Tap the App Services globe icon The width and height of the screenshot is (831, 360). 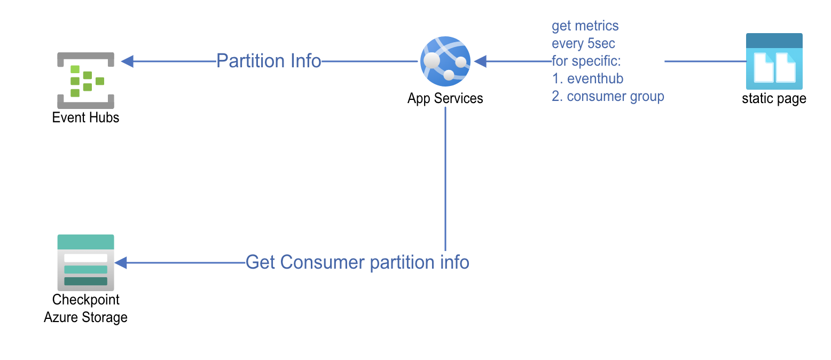(445, 61)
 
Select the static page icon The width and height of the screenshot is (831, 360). (774, 61)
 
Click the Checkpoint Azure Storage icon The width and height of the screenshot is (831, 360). (85, 262)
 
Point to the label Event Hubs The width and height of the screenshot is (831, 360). (85, 118)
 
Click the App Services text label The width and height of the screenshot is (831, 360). (445, 98)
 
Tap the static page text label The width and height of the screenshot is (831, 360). (774, 99)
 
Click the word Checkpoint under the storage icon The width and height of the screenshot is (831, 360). (85, 300)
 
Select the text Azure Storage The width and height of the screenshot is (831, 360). (85, 317)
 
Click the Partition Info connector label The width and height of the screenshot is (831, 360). (269, 61)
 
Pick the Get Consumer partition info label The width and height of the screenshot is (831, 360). (357, 262)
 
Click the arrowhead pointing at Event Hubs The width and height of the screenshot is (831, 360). (127, 61)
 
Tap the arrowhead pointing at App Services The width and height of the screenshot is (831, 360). (480, 61)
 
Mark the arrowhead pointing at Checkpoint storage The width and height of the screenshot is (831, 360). (121, 262)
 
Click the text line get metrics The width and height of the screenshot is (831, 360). (585, 26)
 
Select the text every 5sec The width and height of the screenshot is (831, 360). (583, 43)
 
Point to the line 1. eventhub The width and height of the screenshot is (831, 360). (587, 79)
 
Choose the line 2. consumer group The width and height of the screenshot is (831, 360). (608, 96)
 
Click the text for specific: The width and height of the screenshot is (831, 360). (586, 61)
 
